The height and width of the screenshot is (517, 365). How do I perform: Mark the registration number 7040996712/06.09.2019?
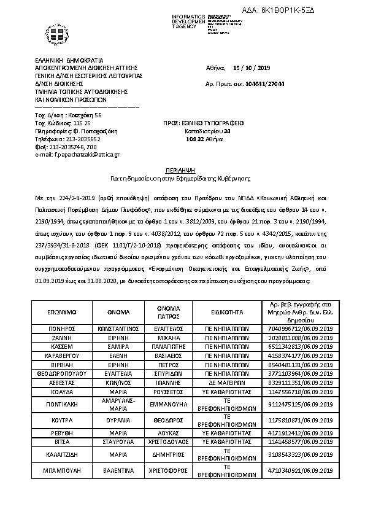coord(301,329)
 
